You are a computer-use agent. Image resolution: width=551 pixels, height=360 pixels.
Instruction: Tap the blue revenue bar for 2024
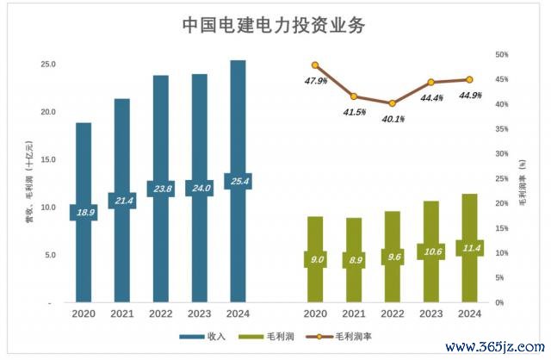click(238, 129)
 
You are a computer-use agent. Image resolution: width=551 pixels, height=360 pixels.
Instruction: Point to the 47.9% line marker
click(315, 65)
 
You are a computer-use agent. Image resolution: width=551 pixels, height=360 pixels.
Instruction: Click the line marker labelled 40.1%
click(393, 103)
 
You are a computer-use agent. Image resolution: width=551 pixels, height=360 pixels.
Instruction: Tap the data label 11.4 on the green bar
click(469, 248)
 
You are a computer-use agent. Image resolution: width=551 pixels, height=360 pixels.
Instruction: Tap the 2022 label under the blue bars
click(160, 314)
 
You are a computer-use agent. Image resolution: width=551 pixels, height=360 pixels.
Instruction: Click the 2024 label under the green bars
click(469, 314)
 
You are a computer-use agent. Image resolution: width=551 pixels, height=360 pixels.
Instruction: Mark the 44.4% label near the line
click(431, 98)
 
